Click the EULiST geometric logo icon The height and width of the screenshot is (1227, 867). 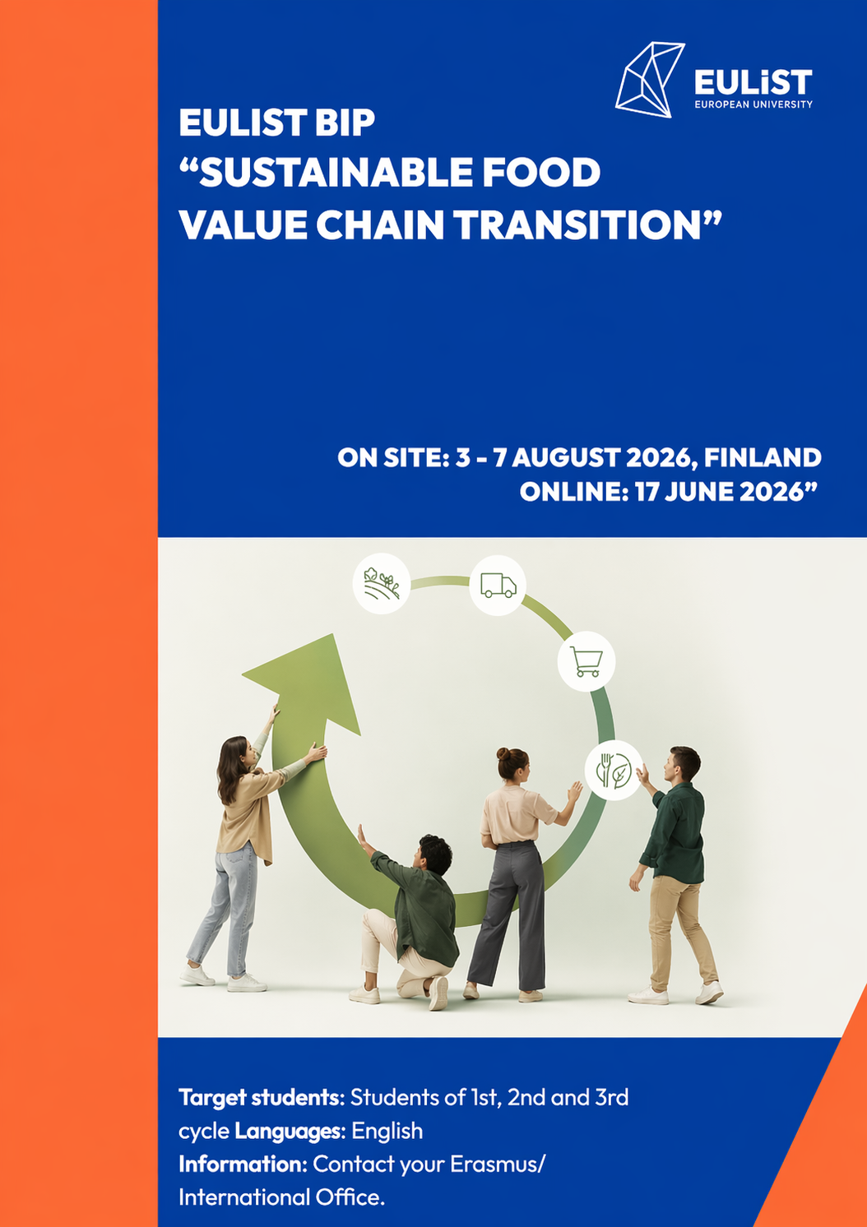(x=650, y=80)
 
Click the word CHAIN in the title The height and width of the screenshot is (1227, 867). (x=379, y=225)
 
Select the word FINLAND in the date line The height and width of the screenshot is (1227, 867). (x=763, y=457)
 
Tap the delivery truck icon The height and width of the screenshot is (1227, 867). (x=498, y=585)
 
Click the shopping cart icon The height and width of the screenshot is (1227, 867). (x=586, y=661)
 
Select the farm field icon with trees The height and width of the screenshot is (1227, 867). (x=382, y=583)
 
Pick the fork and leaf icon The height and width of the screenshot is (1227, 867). (x=614, y=770)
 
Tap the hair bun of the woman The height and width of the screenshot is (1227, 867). (x=503, y=754)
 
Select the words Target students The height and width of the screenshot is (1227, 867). (x=258, y=1098)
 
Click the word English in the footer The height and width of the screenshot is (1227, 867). (x=387, y=1131)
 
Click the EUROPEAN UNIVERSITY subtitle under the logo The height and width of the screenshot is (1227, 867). (x=753, y=104)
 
